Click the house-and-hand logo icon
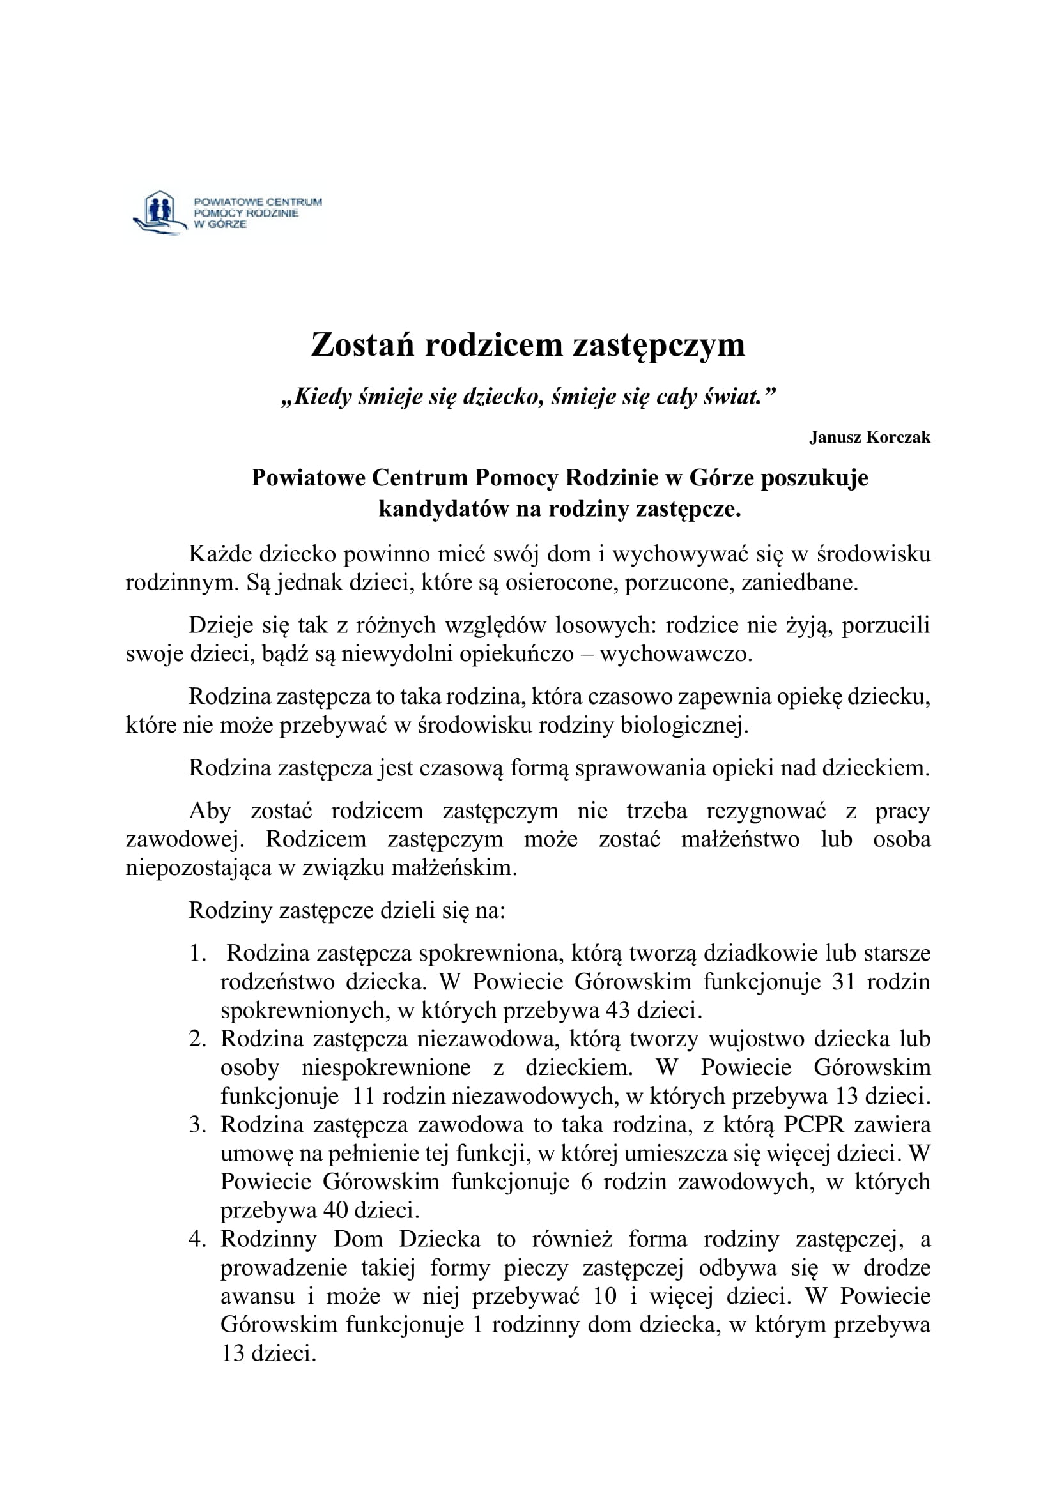click(x=157, y=213)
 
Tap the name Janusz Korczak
click(x=870, y=438)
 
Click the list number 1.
click(x=197, y=954)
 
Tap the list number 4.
click(x=197, y=1240)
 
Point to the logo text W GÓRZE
click(x=220, y=224)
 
